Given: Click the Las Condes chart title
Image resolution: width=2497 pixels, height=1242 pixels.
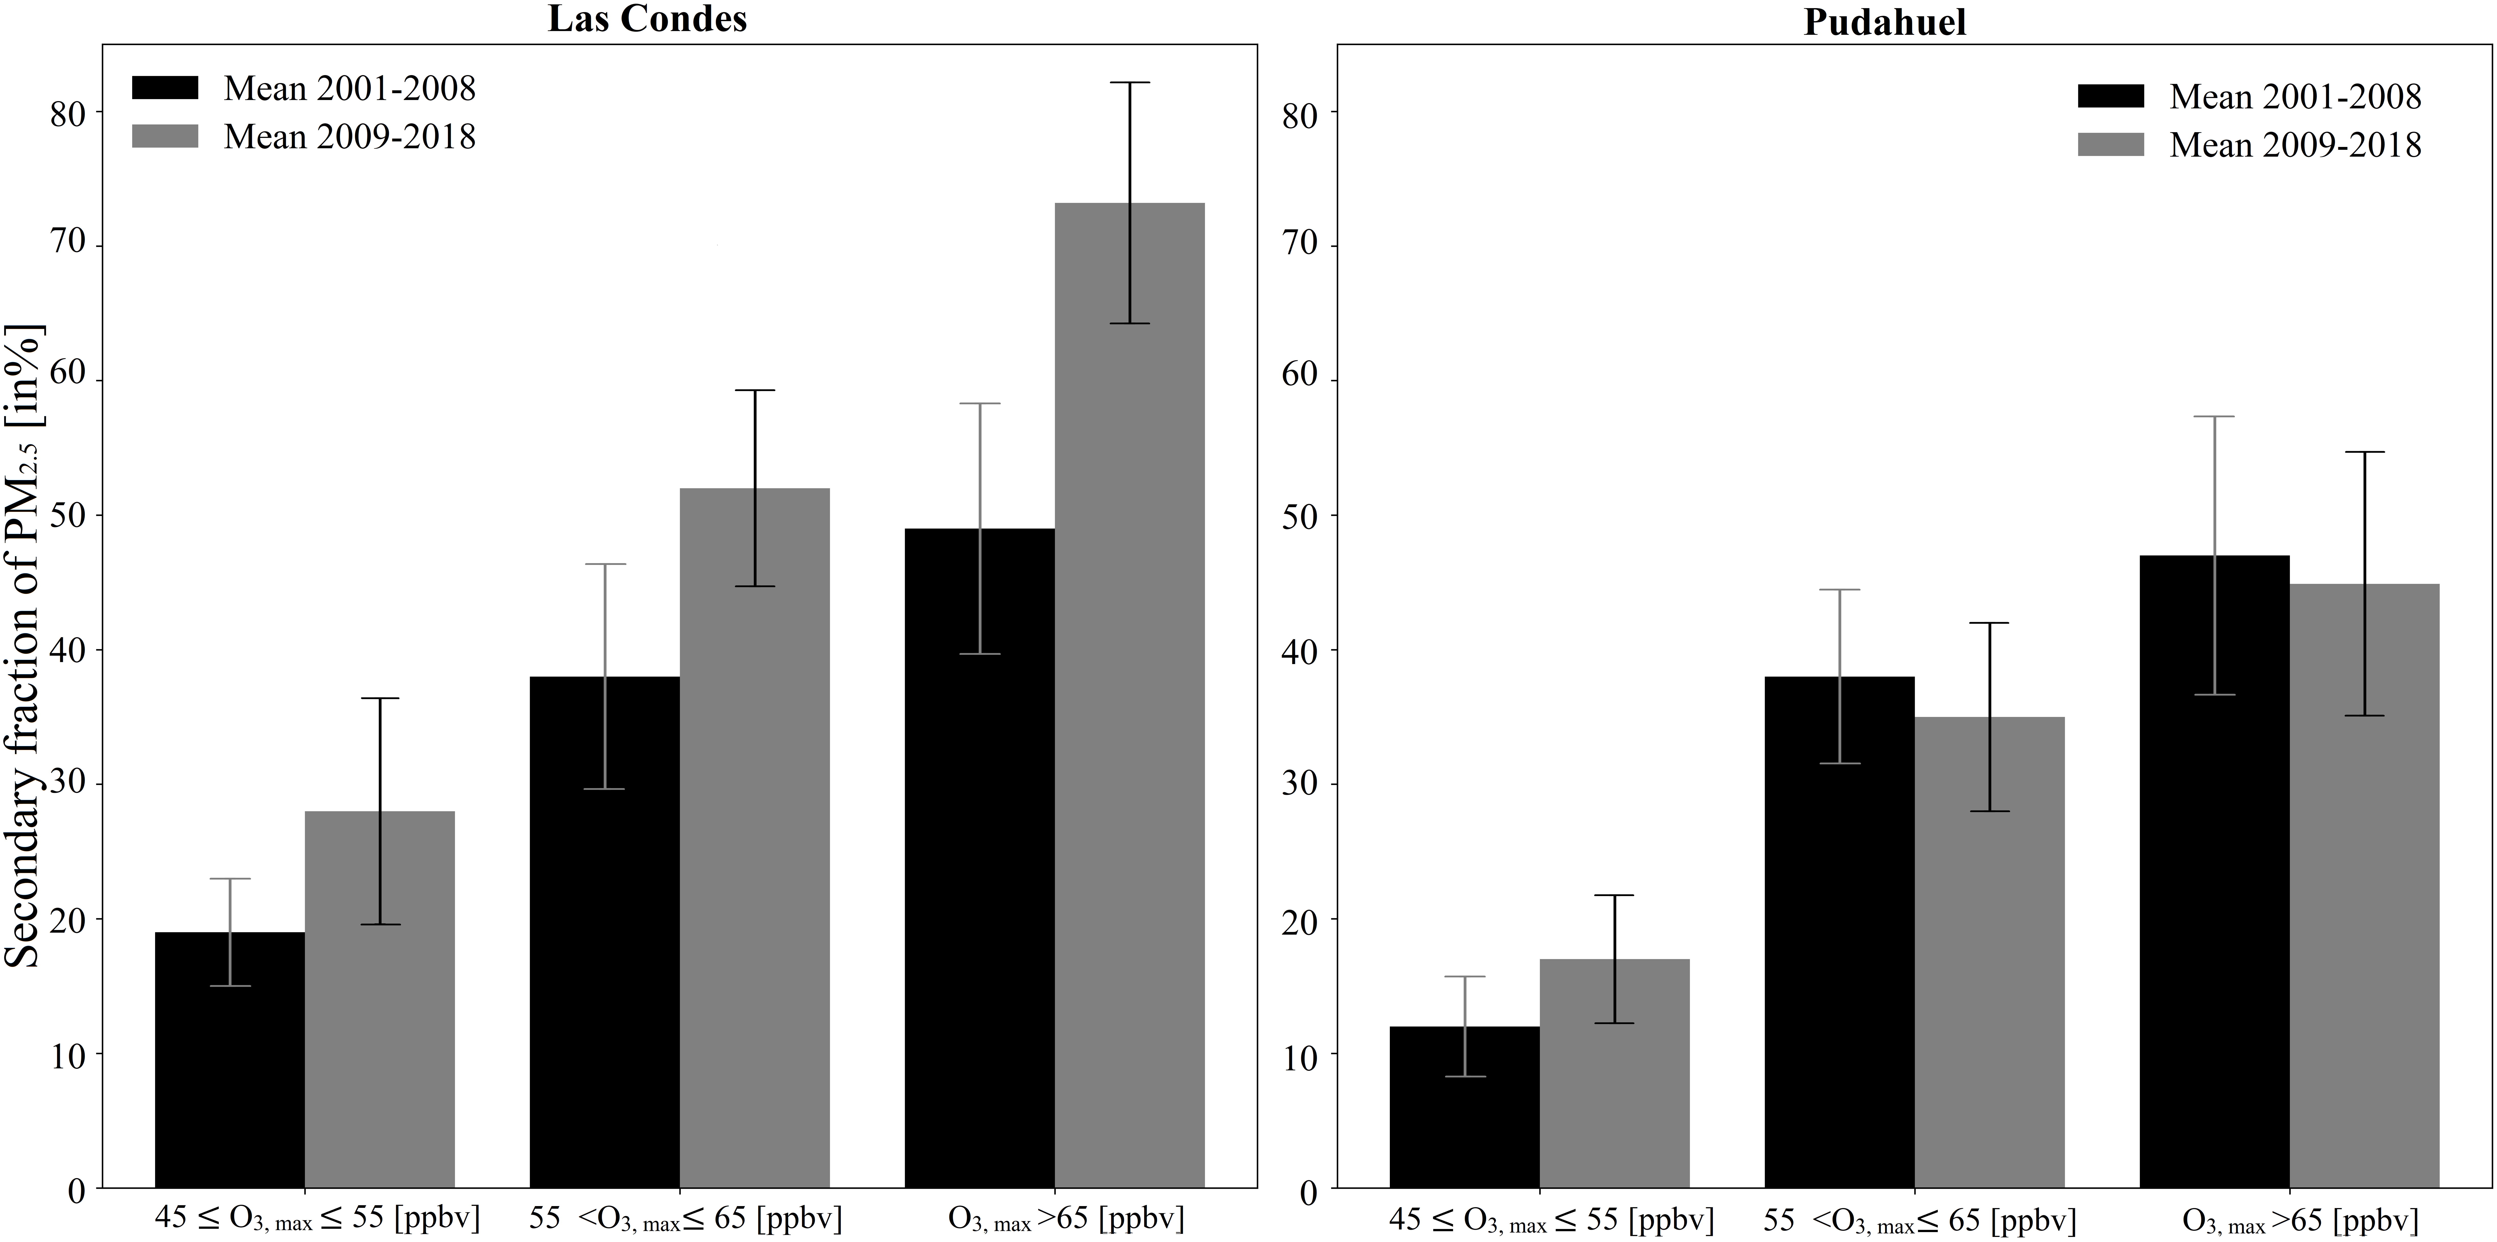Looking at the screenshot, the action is pyautogui.click(x=647, y=19).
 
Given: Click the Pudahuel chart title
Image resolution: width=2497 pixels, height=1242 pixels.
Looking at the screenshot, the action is pyautogui.click(x=1884, y=21).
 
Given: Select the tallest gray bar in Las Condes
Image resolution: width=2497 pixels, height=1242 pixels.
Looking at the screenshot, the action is pyautogui.click(x=1129, y=695).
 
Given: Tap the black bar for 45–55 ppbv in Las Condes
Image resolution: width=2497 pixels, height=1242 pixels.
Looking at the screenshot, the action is pyautogui.click(x=230, y=1060).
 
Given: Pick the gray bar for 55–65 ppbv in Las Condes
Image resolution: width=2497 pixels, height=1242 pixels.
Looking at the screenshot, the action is pyautogui.click(x=754, y=838).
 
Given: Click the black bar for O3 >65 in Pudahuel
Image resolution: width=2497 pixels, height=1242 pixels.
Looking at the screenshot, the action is pyautogui.click(x=2214, y=872).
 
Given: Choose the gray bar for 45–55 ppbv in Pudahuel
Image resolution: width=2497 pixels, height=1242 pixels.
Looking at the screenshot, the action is pyautogui.click(x=1614, y=1073).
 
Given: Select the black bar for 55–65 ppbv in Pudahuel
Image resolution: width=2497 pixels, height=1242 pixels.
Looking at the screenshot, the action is pyautogui.click(x=1839, y=932).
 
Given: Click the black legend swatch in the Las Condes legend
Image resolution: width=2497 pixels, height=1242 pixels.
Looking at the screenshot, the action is pyautogui.click(x=165, y=87).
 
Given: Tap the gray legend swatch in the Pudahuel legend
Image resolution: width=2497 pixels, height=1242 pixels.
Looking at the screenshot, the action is pyautogui.click(x=2110, y=144).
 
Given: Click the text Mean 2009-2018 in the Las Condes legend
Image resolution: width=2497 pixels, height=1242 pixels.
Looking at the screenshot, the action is pyautogui.click(x=350, y=137).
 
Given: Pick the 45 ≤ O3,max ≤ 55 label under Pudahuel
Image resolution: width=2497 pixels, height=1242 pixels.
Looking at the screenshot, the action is pyautogui.click(x=1551, y=1220).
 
